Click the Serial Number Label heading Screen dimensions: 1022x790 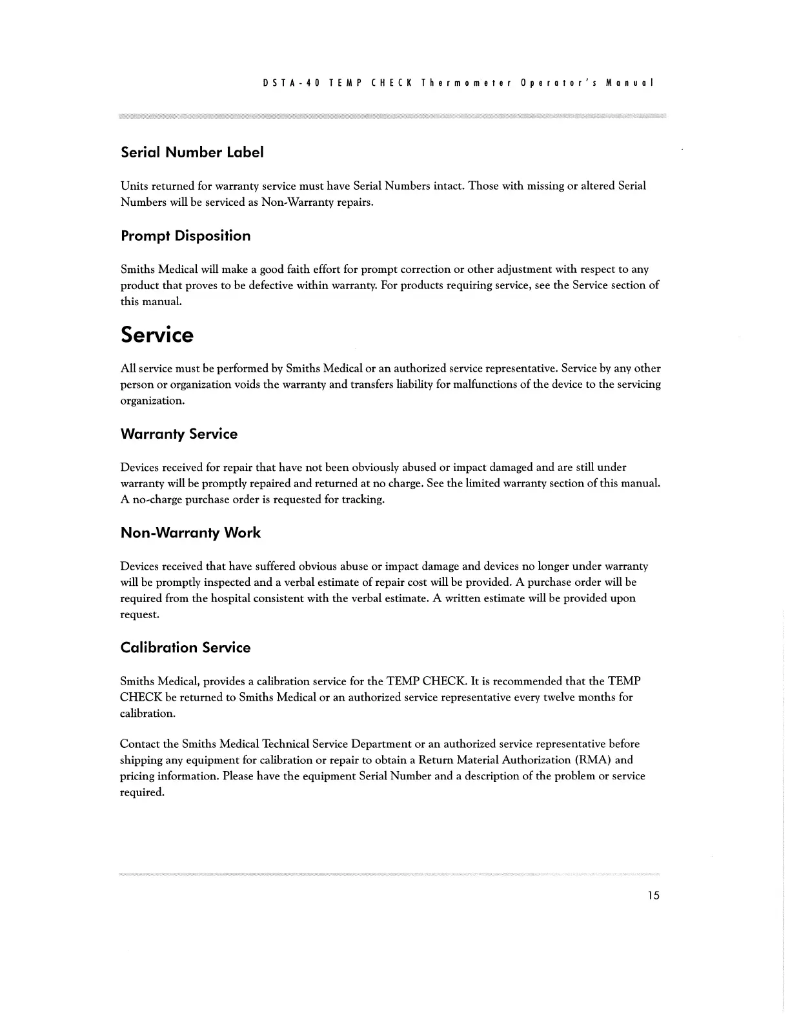192,153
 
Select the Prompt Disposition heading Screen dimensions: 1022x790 185,236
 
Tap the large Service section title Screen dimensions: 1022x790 157,335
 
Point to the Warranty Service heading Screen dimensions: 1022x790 179,434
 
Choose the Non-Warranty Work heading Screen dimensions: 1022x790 190,533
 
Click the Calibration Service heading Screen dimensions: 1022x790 185,648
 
